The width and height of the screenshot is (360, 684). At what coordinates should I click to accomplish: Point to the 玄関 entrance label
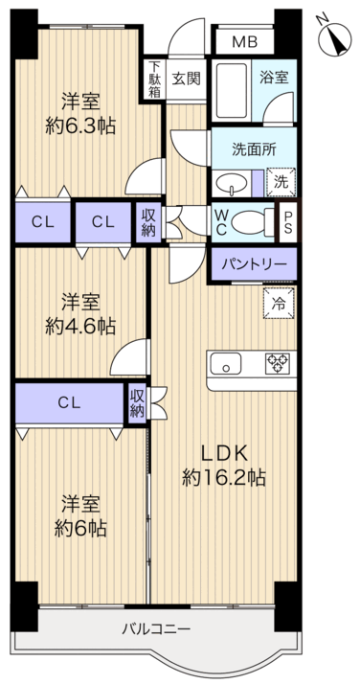click(186, 79)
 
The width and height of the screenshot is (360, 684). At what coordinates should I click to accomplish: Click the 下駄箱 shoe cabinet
click(154, 80)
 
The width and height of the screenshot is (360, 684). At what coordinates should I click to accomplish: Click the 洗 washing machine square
click(281, 180)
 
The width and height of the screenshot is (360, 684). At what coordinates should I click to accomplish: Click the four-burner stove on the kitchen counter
click(278, 362)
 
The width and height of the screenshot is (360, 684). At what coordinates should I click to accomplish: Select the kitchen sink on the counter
click(227, 362)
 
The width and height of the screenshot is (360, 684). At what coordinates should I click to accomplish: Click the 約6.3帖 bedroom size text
click(83, 126)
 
